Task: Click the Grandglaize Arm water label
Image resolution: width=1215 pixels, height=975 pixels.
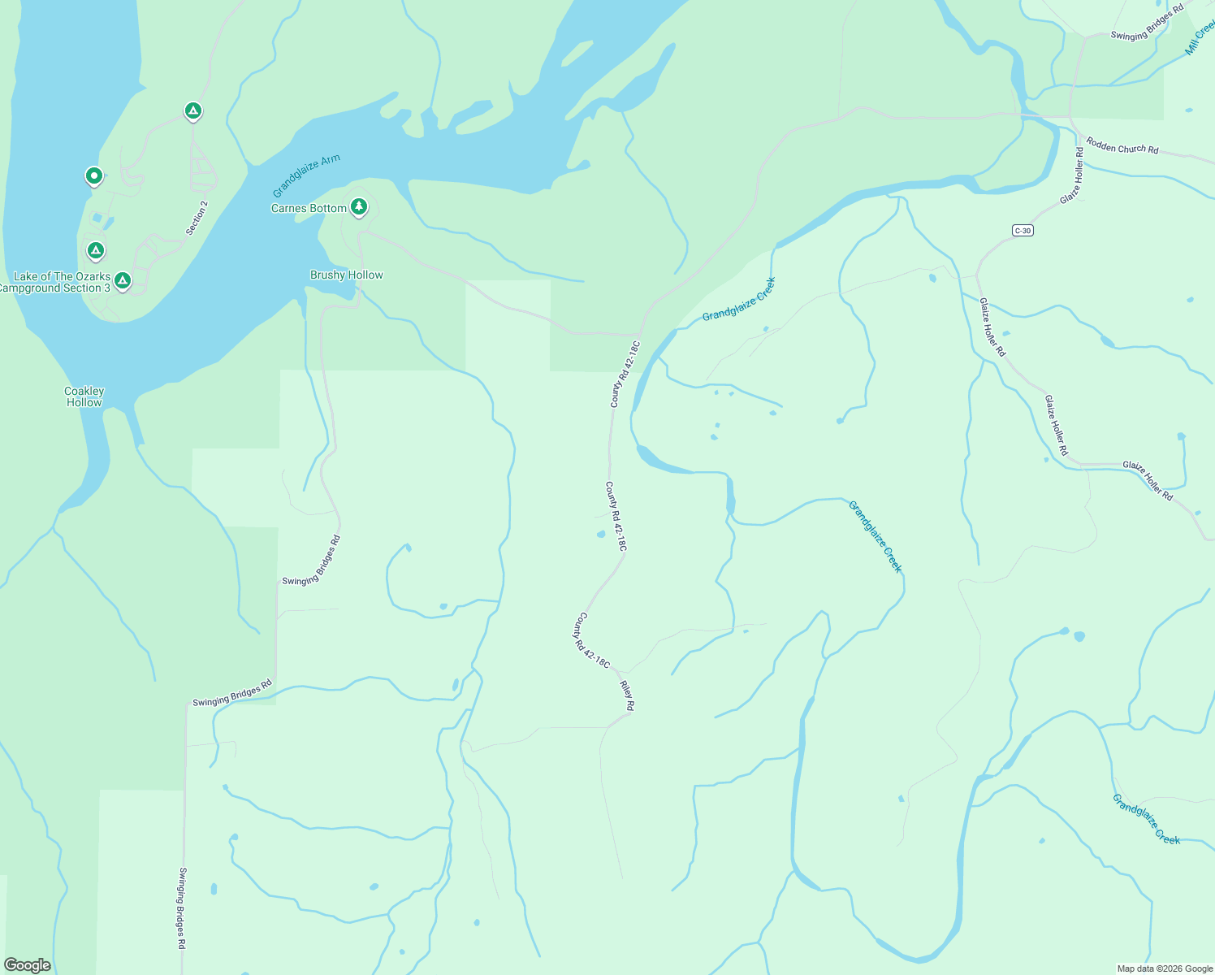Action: click(306, 176)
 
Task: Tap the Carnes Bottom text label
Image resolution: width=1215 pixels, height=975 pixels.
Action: click(309, 208)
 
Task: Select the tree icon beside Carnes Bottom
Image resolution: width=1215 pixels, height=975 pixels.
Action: click(358, 207)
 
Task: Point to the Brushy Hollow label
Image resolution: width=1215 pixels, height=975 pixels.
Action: click(346, 275)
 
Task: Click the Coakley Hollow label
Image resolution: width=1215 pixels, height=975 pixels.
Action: click(84, 396)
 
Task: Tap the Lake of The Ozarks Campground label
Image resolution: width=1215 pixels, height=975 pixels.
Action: click(57, 282)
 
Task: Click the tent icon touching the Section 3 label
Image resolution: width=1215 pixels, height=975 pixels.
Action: click(123, 280)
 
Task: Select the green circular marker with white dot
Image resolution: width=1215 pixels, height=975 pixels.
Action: click(94, 175)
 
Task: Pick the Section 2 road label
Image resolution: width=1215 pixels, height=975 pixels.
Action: click(197, 218)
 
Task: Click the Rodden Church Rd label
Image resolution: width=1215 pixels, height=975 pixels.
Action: click(1122, 146)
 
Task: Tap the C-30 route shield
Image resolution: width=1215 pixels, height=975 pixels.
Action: click(1023, 231)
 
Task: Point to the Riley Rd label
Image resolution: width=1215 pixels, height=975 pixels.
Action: click(627, 696)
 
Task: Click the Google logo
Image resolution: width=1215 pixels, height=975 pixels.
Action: click(27, 965)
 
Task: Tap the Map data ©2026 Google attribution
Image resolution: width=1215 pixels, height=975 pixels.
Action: click(1165, 968)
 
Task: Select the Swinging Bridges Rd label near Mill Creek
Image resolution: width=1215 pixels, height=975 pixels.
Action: click(1147, 24)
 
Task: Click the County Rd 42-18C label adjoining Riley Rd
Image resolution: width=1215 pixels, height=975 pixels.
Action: click(591, 640)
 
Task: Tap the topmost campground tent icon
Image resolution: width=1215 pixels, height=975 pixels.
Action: click(192, 110)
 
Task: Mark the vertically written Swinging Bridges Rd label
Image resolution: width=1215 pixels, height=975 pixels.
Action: click(182, 908)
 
